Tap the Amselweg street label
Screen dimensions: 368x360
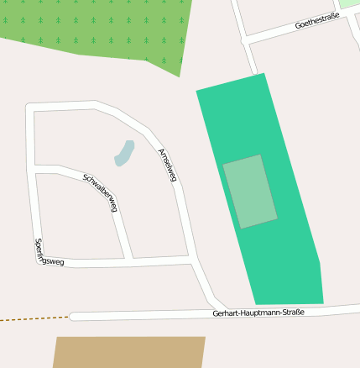(x=167, y=164)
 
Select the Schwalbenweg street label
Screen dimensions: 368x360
(x=101, y=192)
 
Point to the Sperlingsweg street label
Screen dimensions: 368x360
(x=49, y=252)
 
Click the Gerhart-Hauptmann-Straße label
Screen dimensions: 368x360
(x=258, y=313)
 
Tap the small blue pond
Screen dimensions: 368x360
(x=124, y=153)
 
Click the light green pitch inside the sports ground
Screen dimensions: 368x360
(x=249, y=191)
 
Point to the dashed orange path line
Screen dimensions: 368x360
(x=34, y=319)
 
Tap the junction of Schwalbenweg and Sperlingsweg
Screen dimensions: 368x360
(x=129, y=260)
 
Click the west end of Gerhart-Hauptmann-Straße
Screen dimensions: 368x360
(x=74, y=317)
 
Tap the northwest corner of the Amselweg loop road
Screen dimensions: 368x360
(x=31, y=108)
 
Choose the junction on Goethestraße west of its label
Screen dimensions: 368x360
(x=244, y=39)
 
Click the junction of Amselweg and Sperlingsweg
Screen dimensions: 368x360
(x=191, y=260)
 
